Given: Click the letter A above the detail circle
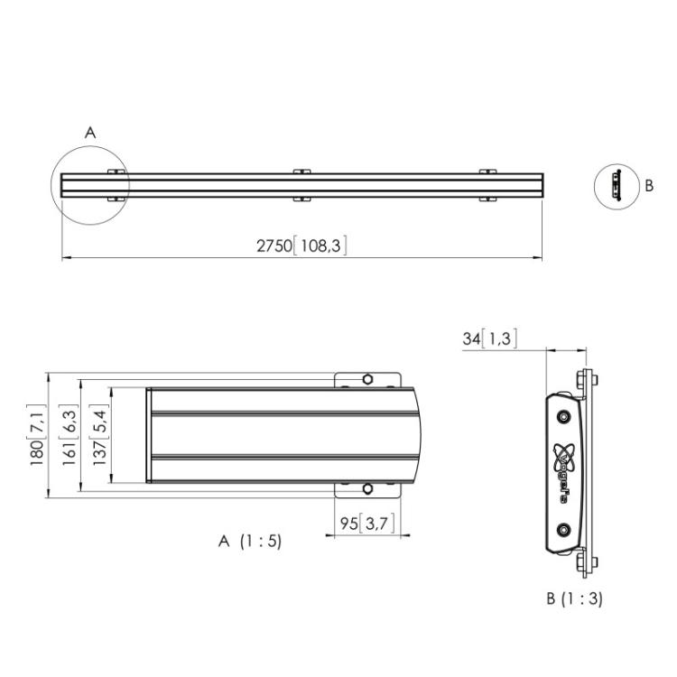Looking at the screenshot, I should tap(89, 133).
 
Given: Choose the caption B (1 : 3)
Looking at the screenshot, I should tap(575, 598).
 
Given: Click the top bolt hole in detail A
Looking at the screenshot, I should tap(367, 379).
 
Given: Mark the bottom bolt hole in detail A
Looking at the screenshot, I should tap(367, 489).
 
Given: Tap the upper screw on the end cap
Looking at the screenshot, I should tap(563, 416).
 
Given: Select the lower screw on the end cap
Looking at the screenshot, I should tap(563, 529).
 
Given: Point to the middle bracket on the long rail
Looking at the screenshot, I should tap(301, 184).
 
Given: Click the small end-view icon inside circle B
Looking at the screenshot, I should tap(617, 185).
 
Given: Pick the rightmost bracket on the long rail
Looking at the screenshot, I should tap(487, 184).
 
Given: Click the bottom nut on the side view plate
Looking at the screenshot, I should tap(588, 565).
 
